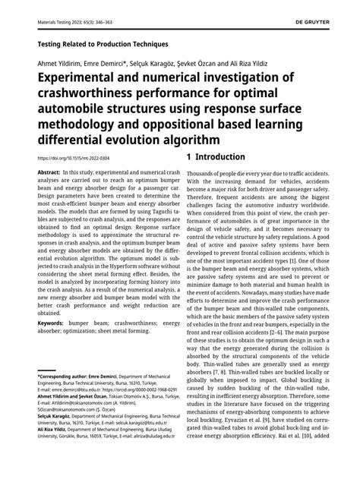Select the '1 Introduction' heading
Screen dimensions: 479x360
pos(216,157)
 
